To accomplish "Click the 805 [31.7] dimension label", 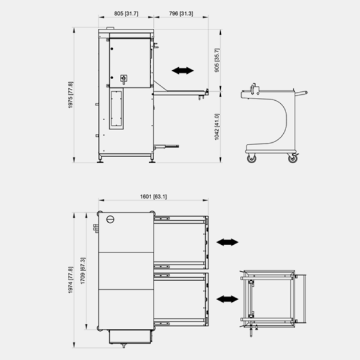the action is click(126, 14).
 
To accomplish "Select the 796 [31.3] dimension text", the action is click(181, 14).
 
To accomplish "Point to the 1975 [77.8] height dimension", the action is click(70, 95).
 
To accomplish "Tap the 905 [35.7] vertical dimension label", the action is click(217, 60).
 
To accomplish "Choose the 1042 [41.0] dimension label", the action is click(217, 127).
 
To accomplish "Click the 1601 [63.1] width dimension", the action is click(154, 197).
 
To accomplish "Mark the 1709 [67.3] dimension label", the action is click(83, 271).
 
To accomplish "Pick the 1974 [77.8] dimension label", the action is click(70, 280).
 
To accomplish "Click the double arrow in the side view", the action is click(183, 71).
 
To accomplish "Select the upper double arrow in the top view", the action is click(227, 242).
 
